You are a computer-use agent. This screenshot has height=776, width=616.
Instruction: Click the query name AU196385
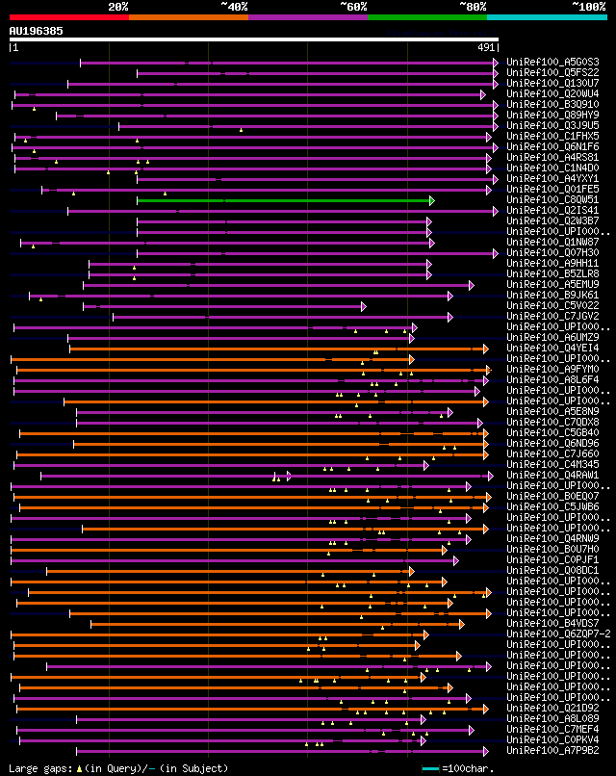[37, 31]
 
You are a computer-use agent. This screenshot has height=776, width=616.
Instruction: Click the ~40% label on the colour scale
[234, 7]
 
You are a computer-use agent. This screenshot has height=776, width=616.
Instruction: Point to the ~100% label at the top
[588, 7]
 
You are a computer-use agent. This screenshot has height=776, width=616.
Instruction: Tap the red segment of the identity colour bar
[68, 17]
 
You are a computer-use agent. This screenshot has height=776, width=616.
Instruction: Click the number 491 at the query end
[486, 47]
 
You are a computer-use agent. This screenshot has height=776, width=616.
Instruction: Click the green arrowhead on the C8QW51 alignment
[432, 200]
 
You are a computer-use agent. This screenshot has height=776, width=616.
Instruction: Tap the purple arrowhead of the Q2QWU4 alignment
[483, 94]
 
